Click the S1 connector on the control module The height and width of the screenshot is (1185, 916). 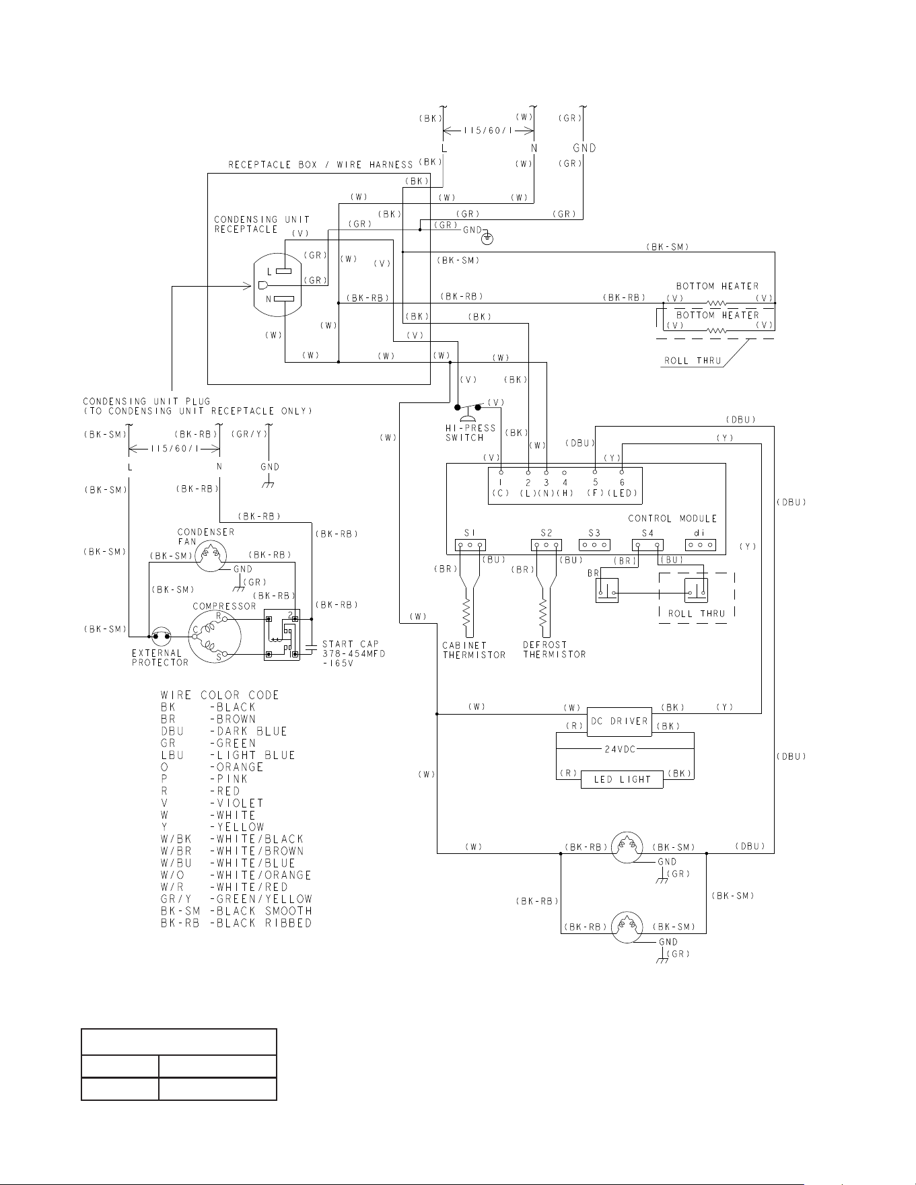click(470, 545)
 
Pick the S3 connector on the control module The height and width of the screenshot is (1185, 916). click(594, 545)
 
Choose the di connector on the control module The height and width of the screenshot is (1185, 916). click(700, 545)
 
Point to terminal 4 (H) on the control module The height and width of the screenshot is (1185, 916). click(565, 472)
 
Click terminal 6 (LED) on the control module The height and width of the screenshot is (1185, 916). click(622, 472)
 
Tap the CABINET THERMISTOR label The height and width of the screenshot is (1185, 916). click(474, 649)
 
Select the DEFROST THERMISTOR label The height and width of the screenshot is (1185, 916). click(555, 649)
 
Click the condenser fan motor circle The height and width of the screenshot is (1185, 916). click(211, 556)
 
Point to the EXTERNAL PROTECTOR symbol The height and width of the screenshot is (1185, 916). click(161, 635)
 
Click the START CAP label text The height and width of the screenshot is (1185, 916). click(351, 644)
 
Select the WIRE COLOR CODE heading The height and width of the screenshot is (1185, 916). click(219, 695)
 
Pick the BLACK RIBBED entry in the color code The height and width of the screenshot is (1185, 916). click(236, 923)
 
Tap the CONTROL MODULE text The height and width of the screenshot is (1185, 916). click(672, 518)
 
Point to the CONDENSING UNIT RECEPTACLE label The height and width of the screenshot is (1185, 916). click(262, 224)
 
